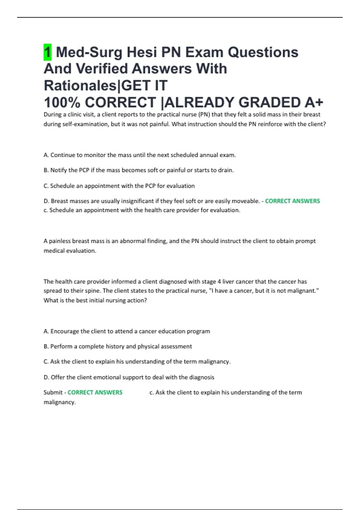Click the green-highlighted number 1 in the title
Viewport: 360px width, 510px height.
point(47,52)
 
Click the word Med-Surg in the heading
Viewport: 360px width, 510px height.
point(89,52)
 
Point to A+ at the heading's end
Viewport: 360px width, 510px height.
point(314,102)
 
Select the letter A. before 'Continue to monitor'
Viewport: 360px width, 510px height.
point(46,155)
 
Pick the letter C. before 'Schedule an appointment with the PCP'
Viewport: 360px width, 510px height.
point(46,186)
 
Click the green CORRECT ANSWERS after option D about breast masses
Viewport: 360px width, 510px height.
point(292,201)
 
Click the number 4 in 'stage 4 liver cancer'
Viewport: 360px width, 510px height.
point(219,282)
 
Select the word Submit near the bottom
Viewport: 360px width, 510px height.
point(53,392)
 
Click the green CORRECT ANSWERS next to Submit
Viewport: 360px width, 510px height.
point(95,392)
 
